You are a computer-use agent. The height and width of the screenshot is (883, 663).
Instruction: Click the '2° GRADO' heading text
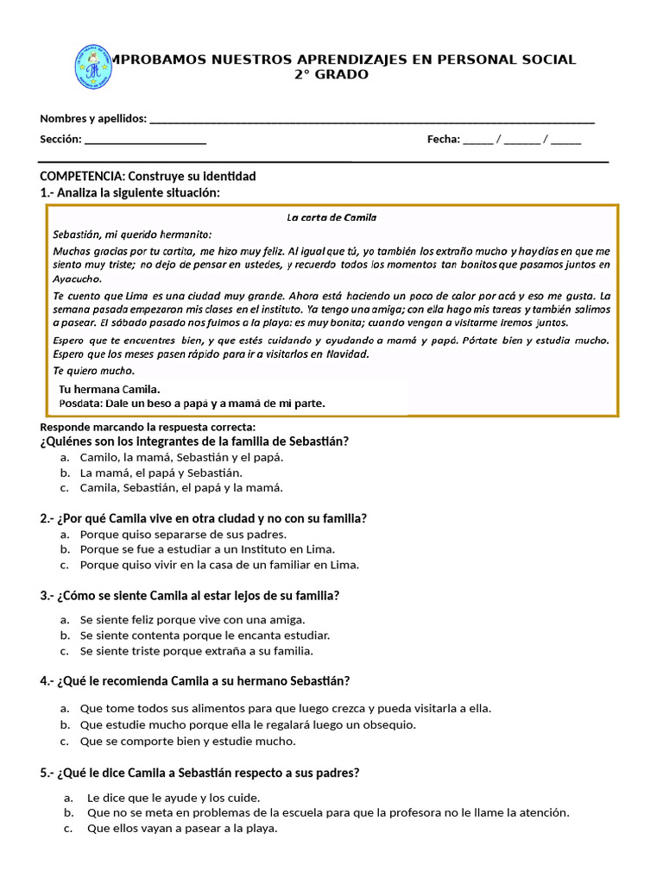coord(331,74)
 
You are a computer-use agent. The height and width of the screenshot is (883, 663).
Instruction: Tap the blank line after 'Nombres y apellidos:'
coord(371,119)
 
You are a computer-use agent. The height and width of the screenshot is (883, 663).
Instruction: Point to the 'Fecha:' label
coord(444,140)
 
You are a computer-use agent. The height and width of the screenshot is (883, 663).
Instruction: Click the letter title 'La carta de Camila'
coord(331,217)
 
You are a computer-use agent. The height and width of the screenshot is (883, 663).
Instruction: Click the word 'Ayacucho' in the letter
coord(77,279)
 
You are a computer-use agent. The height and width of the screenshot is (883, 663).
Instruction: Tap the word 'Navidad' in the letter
coord(346,354)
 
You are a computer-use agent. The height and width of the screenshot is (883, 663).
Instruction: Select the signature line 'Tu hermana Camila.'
coord(109,389)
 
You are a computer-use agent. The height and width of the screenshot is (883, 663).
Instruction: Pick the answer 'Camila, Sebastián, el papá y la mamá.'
coord(180,488)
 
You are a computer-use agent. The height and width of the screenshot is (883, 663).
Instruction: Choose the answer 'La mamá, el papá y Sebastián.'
coord(161,473)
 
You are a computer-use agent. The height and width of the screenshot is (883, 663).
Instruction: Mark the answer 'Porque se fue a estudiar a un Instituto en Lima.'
coord(206,549)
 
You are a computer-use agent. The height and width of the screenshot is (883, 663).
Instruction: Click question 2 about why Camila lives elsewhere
coord(204,518)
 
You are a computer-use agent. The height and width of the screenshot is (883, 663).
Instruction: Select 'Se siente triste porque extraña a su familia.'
coord(196,651)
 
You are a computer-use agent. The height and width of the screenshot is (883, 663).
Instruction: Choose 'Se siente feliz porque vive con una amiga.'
coord(193,620)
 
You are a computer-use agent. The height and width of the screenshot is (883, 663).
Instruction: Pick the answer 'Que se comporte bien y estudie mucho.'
coord(187,741)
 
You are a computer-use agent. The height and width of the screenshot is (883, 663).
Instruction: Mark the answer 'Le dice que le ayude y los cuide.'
coord(174,798)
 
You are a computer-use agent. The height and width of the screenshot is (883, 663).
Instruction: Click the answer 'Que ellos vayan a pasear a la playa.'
coord(182,829)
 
